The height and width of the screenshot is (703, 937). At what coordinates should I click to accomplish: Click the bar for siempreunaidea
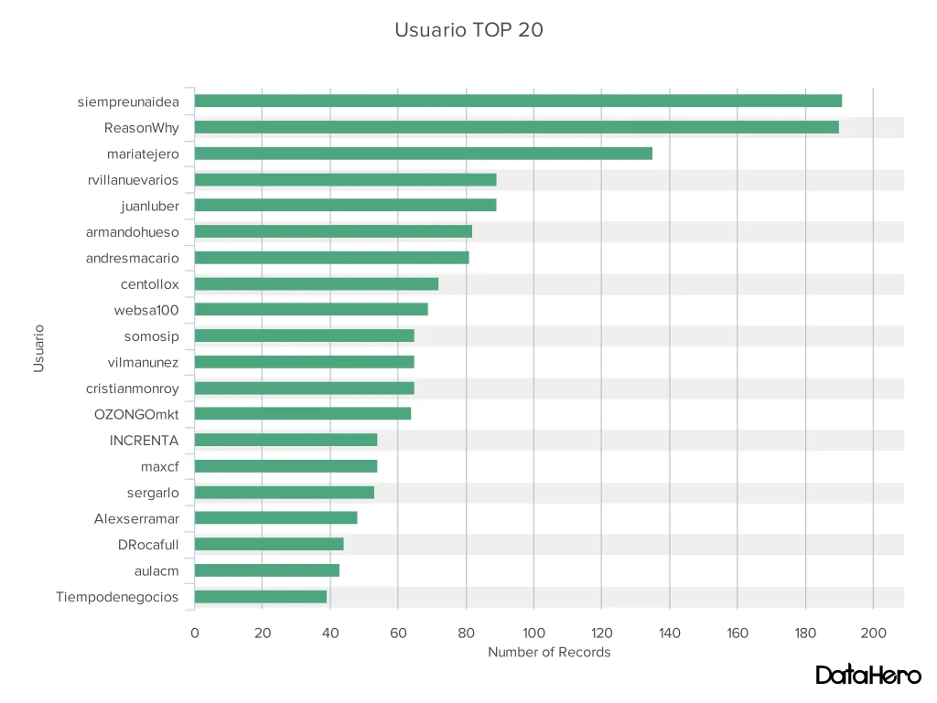tap(517, 101)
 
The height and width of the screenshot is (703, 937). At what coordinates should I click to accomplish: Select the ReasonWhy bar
tap(516, 127)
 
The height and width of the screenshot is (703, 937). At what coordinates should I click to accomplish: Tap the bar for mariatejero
tap(423, 154)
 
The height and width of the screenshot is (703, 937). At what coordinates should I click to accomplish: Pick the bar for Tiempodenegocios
tap(260, 597)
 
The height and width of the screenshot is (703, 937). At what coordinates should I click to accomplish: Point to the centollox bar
tap(316, 283)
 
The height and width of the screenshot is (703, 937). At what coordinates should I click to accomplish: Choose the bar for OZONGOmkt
tap(302, 413)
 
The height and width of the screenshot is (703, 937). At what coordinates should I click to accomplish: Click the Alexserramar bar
tap(275, 518)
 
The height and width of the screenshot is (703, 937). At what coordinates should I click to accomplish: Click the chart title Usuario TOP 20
tap(468, 30)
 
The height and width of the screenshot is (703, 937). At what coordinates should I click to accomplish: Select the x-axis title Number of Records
tap(548, 653)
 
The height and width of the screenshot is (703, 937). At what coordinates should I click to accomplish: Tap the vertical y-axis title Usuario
tap(39, 347)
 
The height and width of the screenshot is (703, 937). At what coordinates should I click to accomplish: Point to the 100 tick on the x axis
tap(533, 633)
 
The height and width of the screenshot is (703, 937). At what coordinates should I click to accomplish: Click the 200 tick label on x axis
tap(873, 633)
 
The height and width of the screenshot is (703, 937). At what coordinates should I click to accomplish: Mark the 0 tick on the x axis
tap(194, 633)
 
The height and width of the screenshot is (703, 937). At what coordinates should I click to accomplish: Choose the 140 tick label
tap(669, 633)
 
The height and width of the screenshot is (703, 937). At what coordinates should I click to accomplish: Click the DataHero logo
tap(867, 676)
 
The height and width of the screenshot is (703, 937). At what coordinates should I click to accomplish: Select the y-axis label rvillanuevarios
tap(134, 180)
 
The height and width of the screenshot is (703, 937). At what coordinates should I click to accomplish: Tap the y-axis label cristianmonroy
tap(133, 389)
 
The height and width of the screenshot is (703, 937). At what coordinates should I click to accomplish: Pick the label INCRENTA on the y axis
tap(144, 441)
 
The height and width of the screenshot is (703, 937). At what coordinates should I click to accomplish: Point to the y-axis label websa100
tap(146, 310)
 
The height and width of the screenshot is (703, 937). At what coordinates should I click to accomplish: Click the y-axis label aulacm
tap(156, 571)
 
